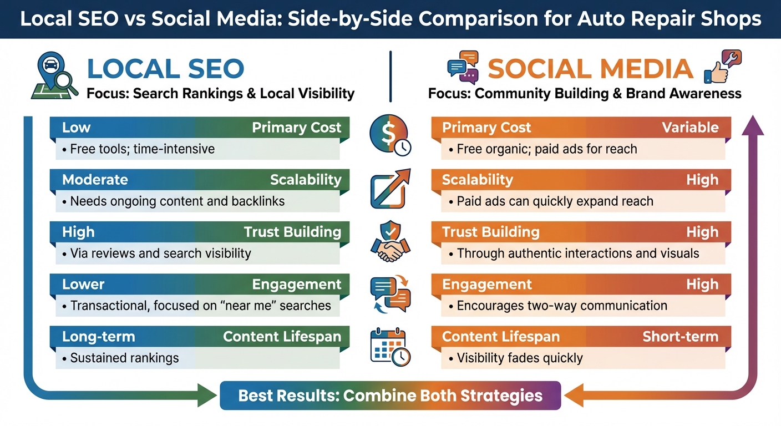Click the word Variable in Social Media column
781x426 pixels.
coord(691,128)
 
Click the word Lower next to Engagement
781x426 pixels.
coord(83,285)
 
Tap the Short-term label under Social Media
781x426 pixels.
coord(680,337)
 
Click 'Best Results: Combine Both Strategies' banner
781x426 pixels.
coord(390,395)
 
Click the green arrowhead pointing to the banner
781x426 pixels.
coord(207,396)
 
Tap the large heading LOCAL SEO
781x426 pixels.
coord(165,69)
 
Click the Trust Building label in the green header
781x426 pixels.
coord(292,232)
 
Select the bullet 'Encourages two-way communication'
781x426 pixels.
coord(561,306)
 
